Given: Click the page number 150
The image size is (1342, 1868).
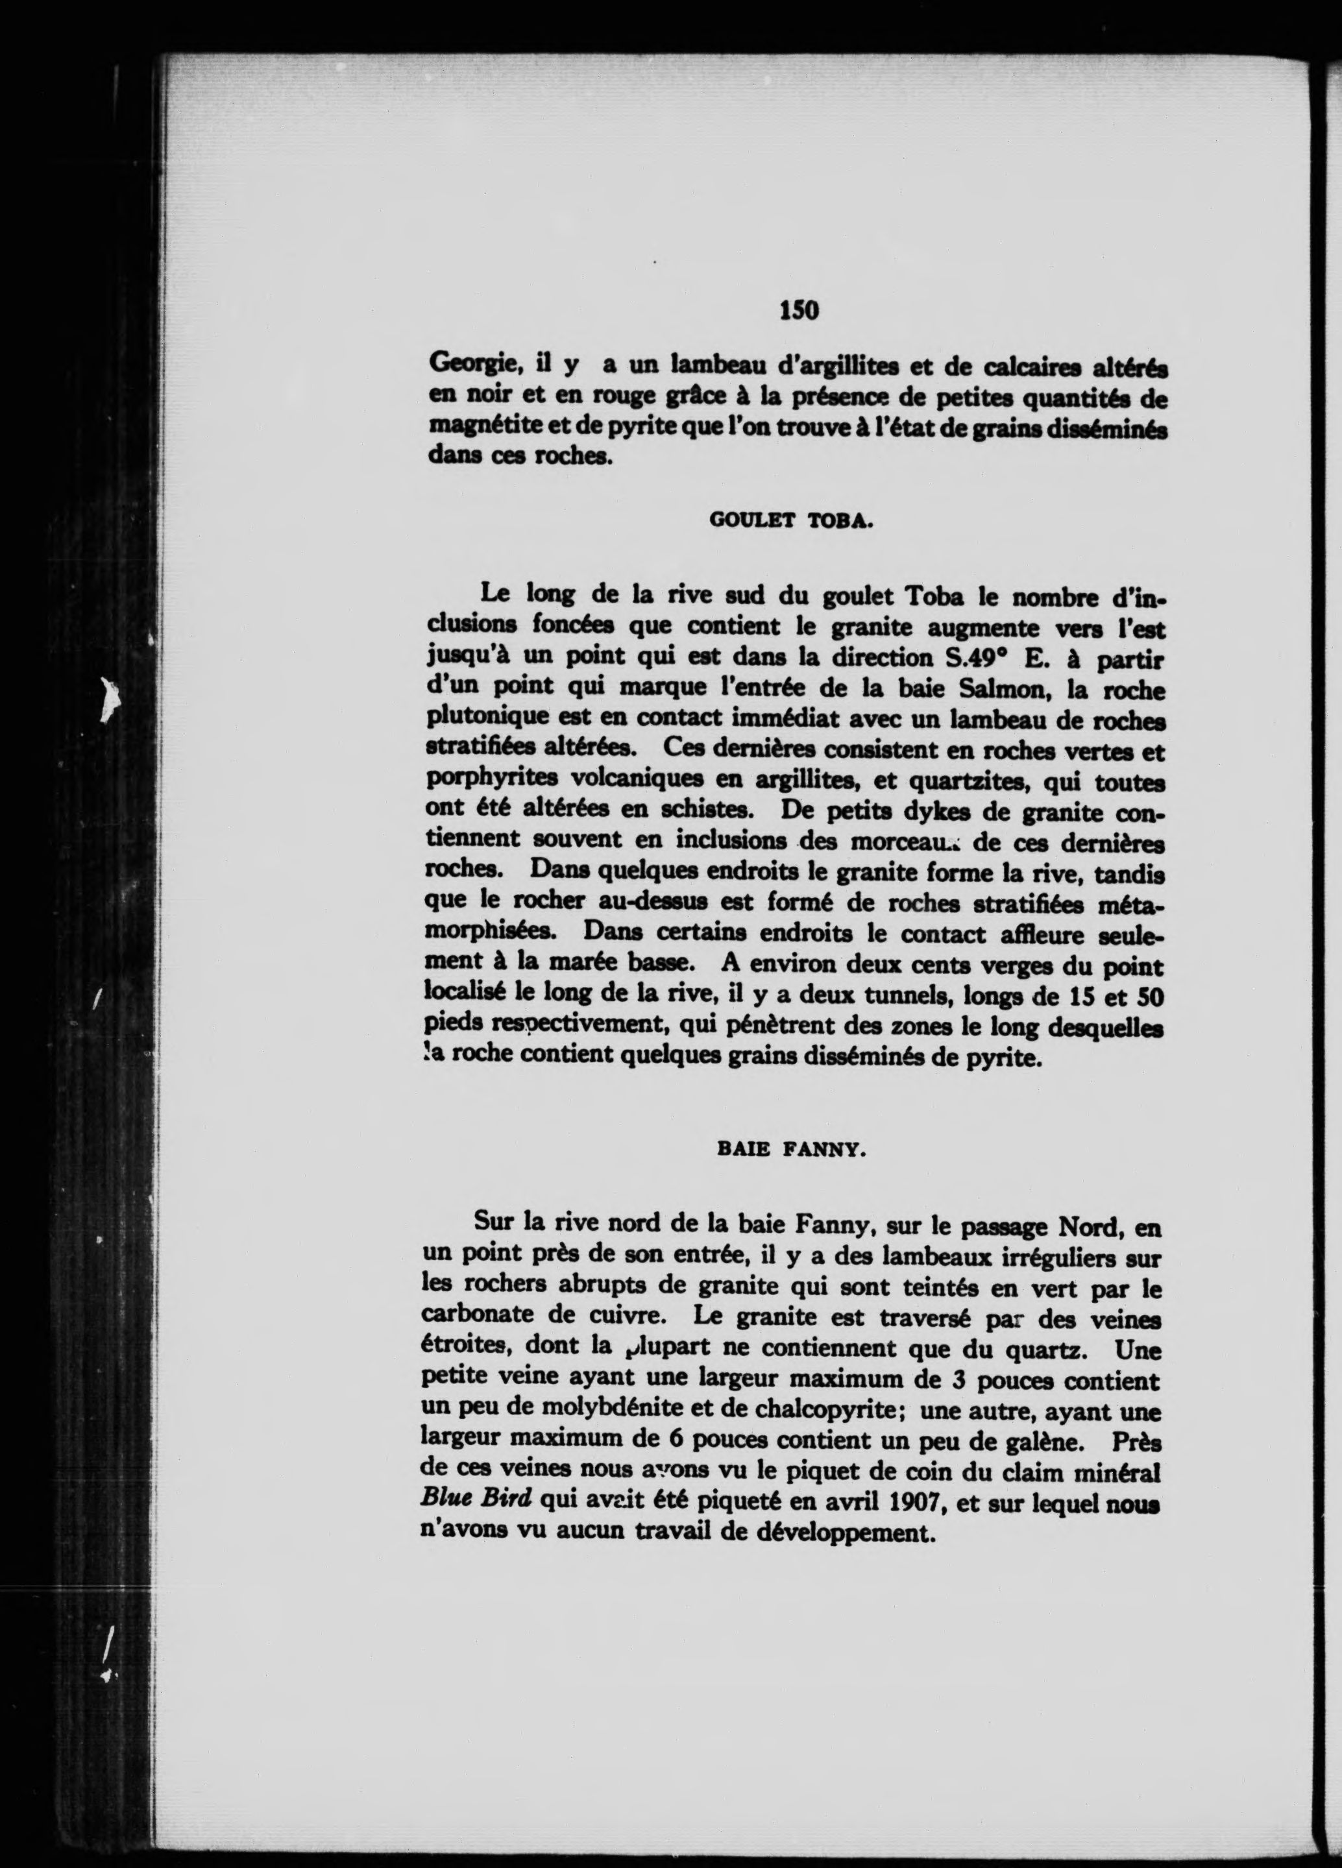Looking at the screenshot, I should pos(799,311).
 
